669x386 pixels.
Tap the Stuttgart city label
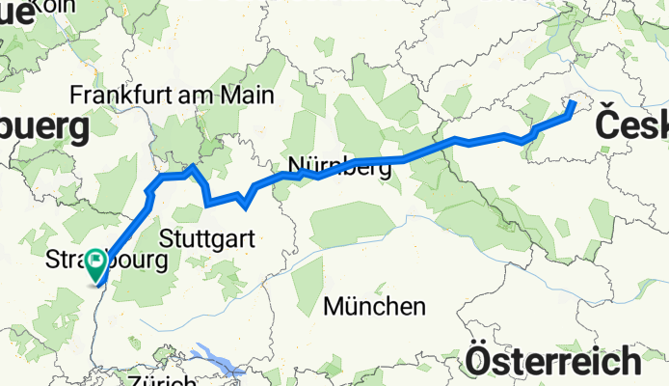coord(207,236)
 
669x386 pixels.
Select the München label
coord(375,307)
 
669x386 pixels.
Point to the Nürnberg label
coord(340,165)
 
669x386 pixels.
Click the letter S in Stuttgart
coord(168,237)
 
